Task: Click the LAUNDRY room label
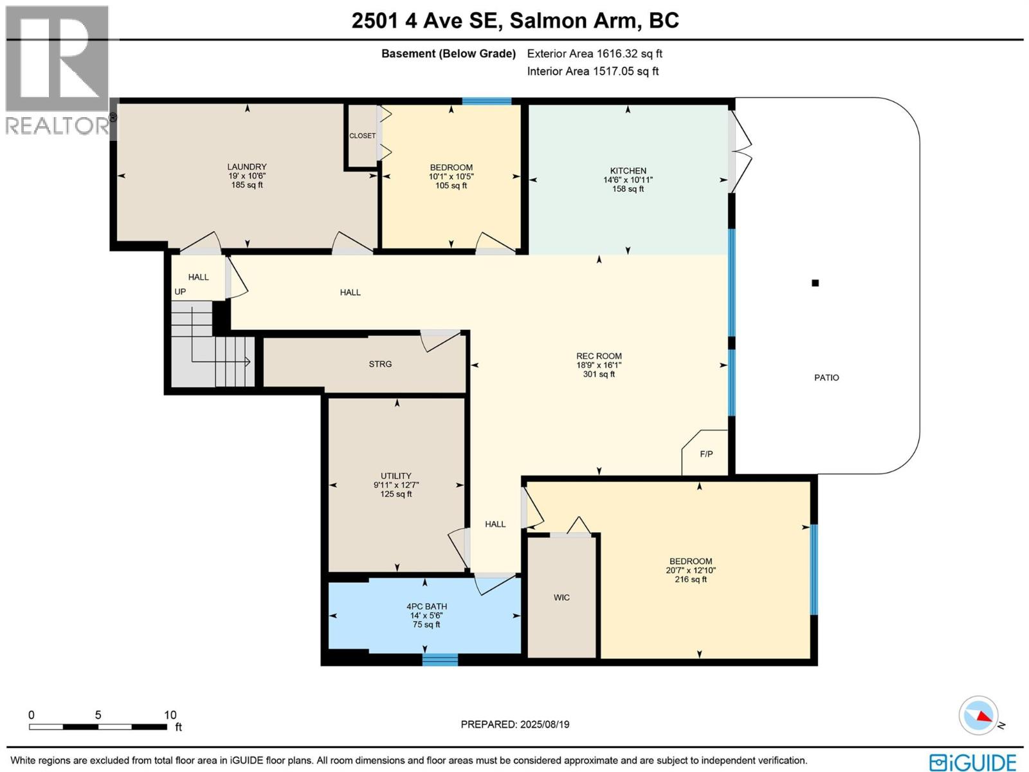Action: pyautogui.click(x=247, y=167)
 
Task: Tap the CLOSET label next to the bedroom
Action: pyautogui.click(x=362, y=136)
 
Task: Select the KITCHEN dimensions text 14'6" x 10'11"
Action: pyautogui.click(x=628, y=180)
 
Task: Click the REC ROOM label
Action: pyautogui.click(x=599, y=356)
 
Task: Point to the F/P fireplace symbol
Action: pyautogui.click(x=706, y=454)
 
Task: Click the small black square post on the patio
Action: pyautogui.click(x=815, y=283)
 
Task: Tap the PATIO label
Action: pyautogui.click(x=826, y=378)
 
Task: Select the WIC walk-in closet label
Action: pyautogui.click(x=561, y=598)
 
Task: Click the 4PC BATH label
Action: pyautogui.click(x=426, y=606)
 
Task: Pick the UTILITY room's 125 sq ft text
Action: pyautogui.click(x=396, y=494)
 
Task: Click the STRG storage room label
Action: pyautogui.click(x=380, y=364)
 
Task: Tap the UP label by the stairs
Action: pyautogui.click(x=180, y=291)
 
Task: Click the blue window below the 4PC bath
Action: pyautogui.click(x=440, y=659)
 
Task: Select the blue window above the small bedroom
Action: pyautogui.click(x=487, y=101)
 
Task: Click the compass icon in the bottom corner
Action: pyautogui.click(x=978, y=715)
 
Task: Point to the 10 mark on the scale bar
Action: pyautogui.click(x=170, y=715)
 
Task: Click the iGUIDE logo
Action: pyautogui.click(x=972, y=762)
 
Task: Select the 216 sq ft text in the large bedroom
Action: pyautogui.click(x=690, y=579)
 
